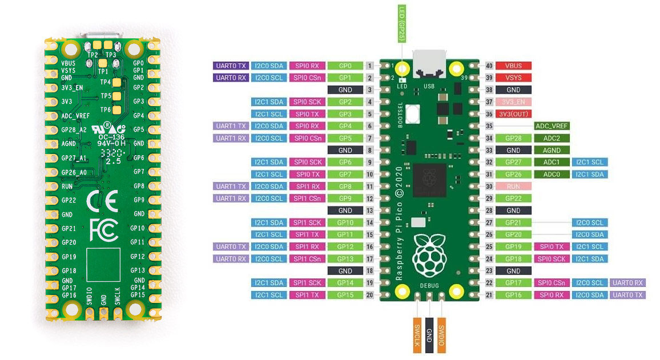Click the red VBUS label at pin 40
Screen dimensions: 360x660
click(513, 66)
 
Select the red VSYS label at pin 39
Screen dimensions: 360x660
click(513, 78)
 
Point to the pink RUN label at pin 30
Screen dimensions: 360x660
click(513, 186)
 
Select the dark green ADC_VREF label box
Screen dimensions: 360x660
click(552, 126)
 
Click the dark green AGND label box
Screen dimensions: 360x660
click(552, 150)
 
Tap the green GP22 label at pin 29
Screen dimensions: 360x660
click(513, 198)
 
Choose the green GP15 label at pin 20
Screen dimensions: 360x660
click(345, 295)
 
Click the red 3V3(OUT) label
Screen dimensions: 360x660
click(513, 114)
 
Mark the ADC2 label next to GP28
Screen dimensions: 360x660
click(552, 138)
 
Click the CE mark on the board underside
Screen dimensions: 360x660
click(103, 203)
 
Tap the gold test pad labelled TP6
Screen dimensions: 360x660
click(118, 109)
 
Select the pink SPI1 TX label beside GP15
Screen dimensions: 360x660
click(308, 295)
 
